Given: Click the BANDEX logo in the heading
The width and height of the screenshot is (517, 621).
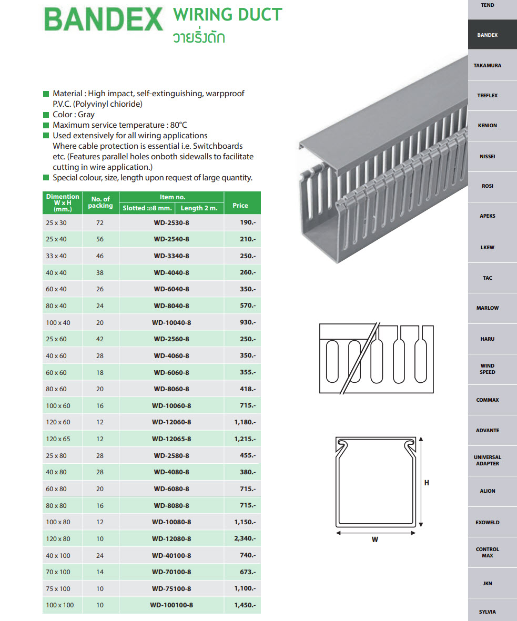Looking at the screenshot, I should [103, 21].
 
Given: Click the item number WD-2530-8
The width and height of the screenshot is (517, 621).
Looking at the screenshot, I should [171, 222].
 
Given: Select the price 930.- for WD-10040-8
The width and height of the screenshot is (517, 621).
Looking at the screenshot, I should [245, 322].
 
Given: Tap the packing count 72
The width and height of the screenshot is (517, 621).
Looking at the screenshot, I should [100, 222].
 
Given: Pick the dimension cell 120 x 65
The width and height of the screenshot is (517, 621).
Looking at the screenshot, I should [57, 439].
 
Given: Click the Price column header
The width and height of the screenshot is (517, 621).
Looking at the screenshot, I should [240, 206].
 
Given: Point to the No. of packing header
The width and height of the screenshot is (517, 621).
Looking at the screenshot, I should [100, 202].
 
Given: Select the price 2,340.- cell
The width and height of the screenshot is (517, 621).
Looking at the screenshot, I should [245, 538].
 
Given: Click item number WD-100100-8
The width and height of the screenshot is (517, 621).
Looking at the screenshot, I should [171, 605].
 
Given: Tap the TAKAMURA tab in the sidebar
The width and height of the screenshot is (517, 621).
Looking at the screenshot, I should [488, 66].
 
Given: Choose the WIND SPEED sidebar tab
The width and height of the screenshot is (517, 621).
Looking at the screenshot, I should [488, 369].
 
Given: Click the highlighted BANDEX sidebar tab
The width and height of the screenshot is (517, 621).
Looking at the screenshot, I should [488, 35].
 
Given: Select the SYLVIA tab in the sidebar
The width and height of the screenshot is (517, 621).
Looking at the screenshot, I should [488, 612].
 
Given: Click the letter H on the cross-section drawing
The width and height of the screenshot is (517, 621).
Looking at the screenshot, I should [427, 483].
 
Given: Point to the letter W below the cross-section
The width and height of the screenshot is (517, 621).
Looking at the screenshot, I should [375, 539].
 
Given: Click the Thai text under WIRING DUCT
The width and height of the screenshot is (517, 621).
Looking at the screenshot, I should [199, 37].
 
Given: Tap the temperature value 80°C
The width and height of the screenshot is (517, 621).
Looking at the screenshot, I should [178, 125].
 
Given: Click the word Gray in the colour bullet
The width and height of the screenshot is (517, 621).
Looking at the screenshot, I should [86, 115].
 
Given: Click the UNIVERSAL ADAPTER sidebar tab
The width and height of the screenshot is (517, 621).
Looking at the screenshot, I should [488, 461].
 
